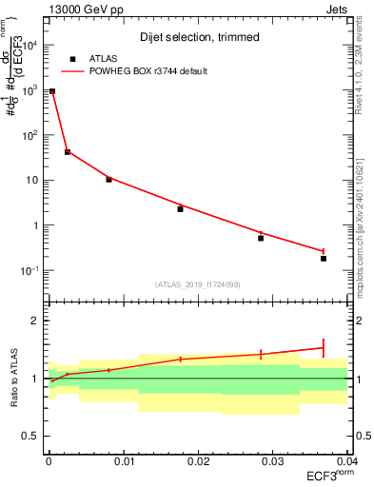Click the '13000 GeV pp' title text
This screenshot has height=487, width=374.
coord(86,9)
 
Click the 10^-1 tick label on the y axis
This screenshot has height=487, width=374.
coord(31,271)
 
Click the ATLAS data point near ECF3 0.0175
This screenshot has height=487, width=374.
coord(180,209)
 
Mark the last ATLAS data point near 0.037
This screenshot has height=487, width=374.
coord(324,258)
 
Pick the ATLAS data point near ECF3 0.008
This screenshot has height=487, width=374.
coord(108,179)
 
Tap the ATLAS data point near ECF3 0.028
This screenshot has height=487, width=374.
coord(261,238)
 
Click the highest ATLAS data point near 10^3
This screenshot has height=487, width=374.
coord(52,91)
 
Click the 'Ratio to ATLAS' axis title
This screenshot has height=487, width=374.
coord(16,378)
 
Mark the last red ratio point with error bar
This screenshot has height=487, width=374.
coord(324,347)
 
